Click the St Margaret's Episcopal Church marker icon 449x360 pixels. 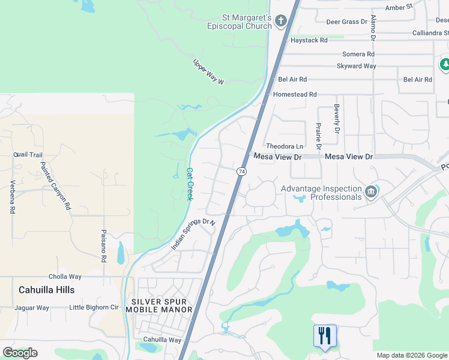point(280,22)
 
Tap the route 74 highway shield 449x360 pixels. point(241,172)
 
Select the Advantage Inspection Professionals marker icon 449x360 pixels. point(370,192)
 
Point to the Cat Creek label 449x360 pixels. point(190,184)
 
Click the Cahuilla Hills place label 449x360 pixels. point(47,290)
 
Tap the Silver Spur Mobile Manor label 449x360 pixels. point(161,305)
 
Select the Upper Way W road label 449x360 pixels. point(208,71)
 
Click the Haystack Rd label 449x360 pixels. point(309,40)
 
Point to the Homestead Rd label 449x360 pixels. point(294,95)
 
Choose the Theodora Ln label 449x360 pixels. point(285,146)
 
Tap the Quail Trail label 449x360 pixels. point(28,154)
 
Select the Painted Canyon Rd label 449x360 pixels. point(56,185)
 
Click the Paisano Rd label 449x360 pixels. point(103,246)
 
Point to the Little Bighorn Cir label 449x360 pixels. point(94,308)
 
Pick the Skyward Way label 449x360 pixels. point(356,66)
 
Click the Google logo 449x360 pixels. point(20,353)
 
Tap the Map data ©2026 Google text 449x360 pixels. point(412,355)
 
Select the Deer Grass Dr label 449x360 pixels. point(346,22)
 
